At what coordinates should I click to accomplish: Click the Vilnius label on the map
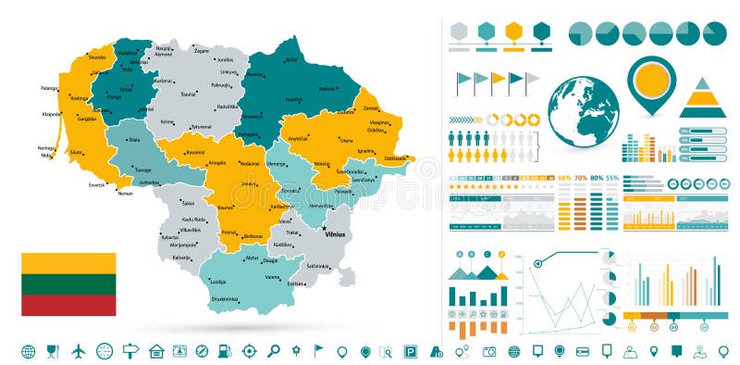click(335, 234)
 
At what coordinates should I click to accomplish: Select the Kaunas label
click(225, 208)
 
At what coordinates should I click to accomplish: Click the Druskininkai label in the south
click(225, 299)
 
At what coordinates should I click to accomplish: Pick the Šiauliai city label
click(189, 94)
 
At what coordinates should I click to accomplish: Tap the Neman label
click(126, 194)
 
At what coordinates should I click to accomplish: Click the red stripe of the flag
click(69, 305)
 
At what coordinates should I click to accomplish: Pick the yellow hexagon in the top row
click(514, 31)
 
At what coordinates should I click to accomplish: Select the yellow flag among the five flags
click(498, 79)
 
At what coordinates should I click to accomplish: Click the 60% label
click(564, 177)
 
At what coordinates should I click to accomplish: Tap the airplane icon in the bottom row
click(78, 351)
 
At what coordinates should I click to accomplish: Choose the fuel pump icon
click(224, 351)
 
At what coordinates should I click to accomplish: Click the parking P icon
click(411, 351)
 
